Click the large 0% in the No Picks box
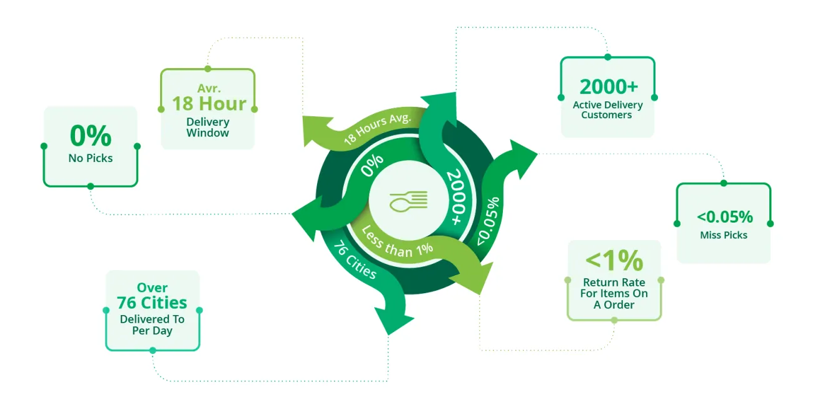(x=91, y=136)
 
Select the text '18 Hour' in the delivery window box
(x=209, y=103)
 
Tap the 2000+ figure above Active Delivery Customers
(x=608, y=86)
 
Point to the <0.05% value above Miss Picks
(x=724, y=217)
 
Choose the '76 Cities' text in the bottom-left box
(x=152, y=303)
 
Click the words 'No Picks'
(x=91, y=158)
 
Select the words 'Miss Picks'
(x=724, y=235)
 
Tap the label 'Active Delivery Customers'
(x=607, y=110)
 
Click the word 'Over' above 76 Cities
(x=152, y=288)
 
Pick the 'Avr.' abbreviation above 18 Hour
(x=209, y=88)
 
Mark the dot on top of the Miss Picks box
(x=724, y=183)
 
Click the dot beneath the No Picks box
(x=91, y=186)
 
